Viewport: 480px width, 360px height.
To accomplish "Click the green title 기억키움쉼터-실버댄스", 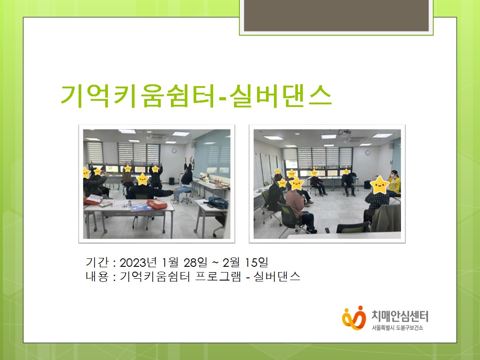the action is click(196, 96).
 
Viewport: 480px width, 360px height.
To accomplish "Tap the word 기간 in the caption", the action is click(97, 262).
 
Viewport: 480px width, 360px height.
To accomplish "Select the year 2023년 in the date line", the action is click(138, 262).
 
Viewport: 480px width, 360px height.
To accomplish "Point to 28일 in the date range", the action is click(195, 262).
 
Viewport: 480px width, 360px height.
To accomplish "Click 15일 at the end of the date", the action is click(257, 262).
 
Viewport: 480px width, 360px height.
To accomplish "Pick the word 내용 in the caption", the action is click(97, 276).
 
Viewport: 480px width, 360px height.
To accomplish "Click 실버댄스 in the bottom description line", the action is click(277, 276).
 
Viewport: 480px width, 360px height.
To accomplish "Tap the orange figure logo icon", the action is click(354, 318).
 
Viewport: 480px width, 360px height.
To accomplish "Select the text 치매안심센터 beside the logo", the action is click(400, 316).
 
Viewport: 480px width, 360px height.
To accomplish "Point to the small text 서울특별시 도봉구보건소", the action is click(397, 328).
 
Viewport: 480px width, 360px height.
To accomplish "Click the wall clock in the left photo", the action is click(174, 150).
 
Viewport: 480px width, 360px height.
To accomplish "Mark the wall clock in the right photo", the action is click(368, 152).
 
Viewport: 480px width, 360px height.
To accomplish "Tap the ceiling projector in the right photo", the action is click(345, 133).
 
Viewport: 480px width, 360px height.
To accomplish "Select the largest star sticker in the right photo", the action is click(380, 185).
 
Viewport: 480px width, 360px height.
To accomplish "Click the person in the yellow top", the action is click(393, 183).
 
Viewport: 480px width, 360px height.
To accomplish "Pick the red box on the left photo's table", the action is click(157, 204).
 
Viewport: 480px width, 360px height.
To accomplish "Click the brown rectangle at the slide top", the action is click(336, 15).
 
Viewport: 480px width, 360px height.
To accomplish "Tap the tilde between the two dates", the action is click(215, 263).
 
